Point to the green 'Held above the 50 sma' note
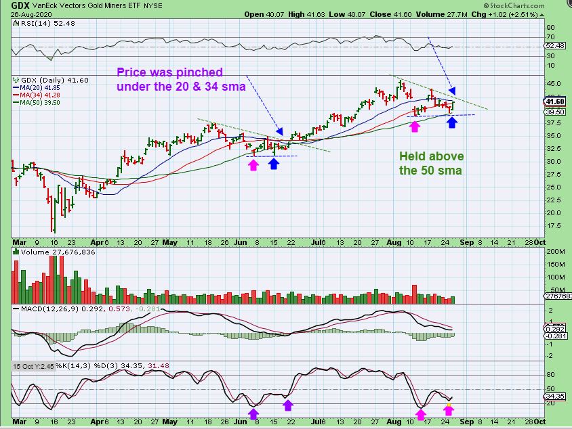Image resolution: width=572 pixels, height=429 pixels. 430,163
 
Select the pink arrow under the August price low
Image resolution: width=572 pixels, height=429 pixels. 415,126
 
